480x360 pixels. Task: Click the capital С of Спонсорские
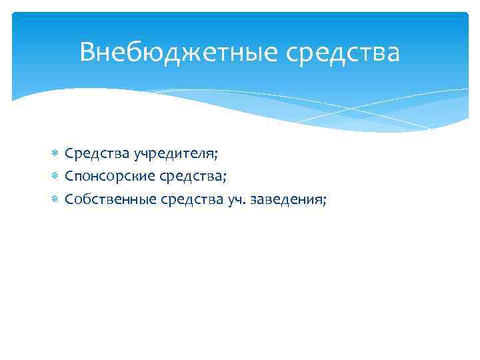pos(69,176)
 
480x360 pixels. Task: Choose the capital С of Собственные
pos(69,198)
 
